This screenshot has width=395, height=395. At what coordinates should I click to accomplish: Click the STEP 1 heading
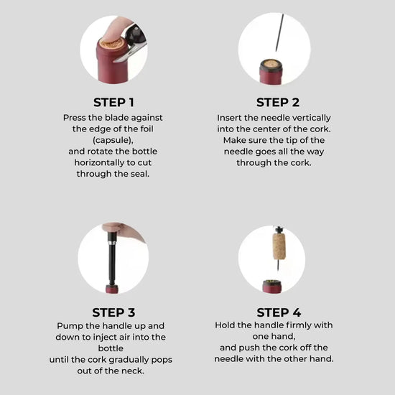tap(113, 102)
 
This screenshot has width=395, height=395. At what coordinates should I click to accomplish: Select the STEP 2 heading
tap(278, 102)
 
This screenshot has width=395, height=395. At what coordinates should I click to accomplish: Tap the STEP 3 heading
tap(113, 312)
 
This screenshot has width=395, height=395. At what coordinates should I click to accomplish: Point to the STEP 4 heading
tap(279, 312)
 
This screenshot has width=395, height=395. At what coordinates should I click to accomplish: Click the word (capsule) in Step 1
tap(113, 140)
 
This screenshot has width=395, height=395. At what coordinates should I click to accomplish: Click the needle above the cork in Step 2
tap(279, 32)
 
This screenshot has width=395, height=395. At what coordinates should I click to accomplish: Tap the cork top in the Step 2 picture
tap(271, 64)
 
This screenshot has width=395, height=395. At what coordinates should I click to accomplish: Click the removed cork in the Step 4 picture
tap(279, 246)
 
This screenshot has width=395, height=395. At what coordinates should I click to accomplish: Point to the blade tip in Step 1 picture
tap(114, 61)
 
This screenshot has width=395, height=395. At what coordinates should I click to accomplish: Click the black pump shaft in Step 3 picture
tap(111, 264)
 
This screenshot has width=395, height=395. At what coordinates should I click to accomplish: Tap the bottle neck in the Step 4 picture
tap(272, 287)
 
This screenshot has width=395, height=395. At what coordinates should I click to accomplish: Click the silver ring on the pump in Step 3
tap(112, 242)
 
